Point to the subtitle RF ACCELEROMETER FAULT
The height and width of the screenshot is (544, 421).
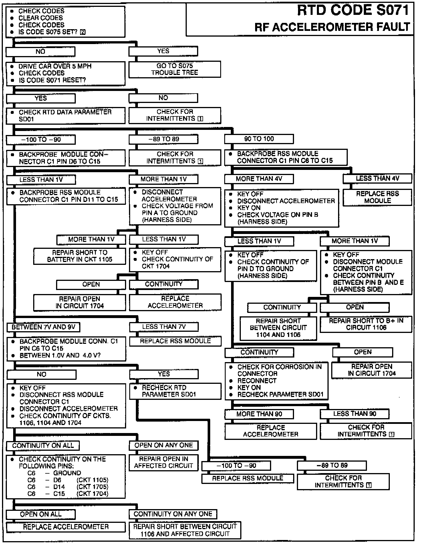click(332, 27)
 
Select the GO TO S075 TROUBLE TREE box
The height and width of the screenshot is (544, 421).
click(174, 69)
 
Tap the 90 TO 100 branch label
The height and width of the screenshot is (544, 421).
click(259, 139)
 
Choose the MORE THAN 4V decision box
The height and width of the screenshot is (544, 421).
click(259, 179)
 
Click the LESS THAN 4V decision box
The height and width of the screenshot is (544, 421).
click(377, 178)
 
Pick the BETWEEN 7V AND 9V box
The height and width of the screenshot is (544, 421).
click(43, 327)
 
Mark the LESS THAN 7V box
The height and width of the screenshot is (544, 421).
click(164, 327)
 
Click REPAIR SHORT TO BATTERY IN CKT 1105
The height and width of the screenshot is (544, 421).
click(80, 256)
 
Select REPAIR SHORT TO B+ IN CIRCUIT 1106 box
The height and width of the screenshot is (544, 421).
click(366, 324)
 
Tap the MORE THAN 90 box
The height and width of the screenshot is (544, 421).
click(259, 414)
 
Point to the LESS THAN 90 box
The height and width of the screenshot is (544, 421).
click(354, 414)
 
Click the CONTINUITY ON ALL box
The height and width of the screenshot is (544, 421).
click(43, 445)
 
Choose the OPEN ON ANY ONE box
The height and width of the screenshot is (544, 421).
click(164, 445)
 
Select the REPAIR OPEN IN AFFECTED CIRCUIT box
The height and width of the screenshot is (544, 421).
click(164, 462)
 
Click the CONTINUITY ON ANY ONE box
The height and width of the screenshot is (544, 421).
click(173, 514)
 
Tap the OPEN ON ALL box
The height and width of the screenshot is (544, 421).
click(41, 514)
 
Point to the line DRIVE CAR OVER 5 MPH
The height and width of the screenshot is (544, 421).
click(55, 66)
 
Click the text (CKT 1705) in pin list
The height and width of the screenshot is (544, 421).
click(92, 487)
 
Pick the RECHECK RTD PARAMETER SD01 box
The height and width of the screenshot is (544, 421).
click(175, 391)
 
